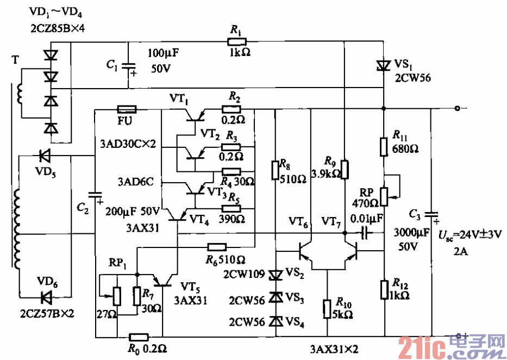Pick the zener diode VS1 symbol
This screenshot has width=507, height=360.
pyautogui.click(x=384, y=65)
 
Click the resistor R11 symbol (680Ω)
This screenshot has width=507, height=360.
pyautogui.click(x=384, y=146)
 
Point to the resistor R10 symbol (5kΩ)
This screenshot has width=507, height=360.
pyautogui.click(x=327, y=308)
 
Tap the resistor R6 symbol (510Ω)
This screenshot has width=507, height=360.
pyautogui.click(x=217, y=247)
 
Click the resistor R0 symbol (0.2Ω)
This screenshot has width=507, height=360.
pyautogui.click(x=139, y=337)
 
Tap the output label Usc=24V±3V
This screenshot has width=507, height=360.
pyautogui.click(x=470, y=235)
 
